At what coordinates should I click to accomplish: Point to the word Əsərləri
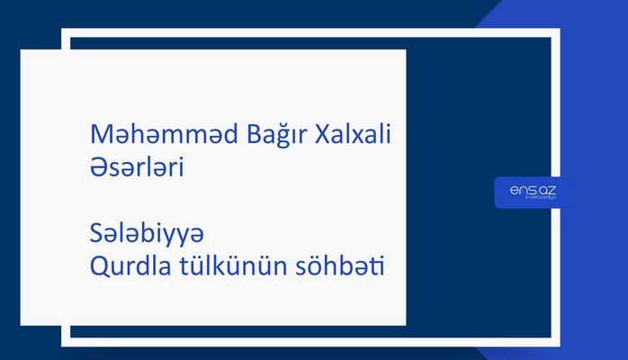[x=139, y=167]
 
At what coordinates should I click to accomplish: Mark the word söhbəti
[x=334, y=267]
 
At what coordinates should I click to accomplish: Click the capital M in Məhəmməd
[x=101, y=136]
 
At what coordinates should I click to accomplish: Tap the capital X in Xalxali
[x=321, y=136]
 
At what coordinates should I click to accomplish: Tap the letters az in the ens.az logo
[x=546, y=189]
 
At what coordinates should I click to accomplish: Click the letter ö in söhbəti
[x=311, y=268]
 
